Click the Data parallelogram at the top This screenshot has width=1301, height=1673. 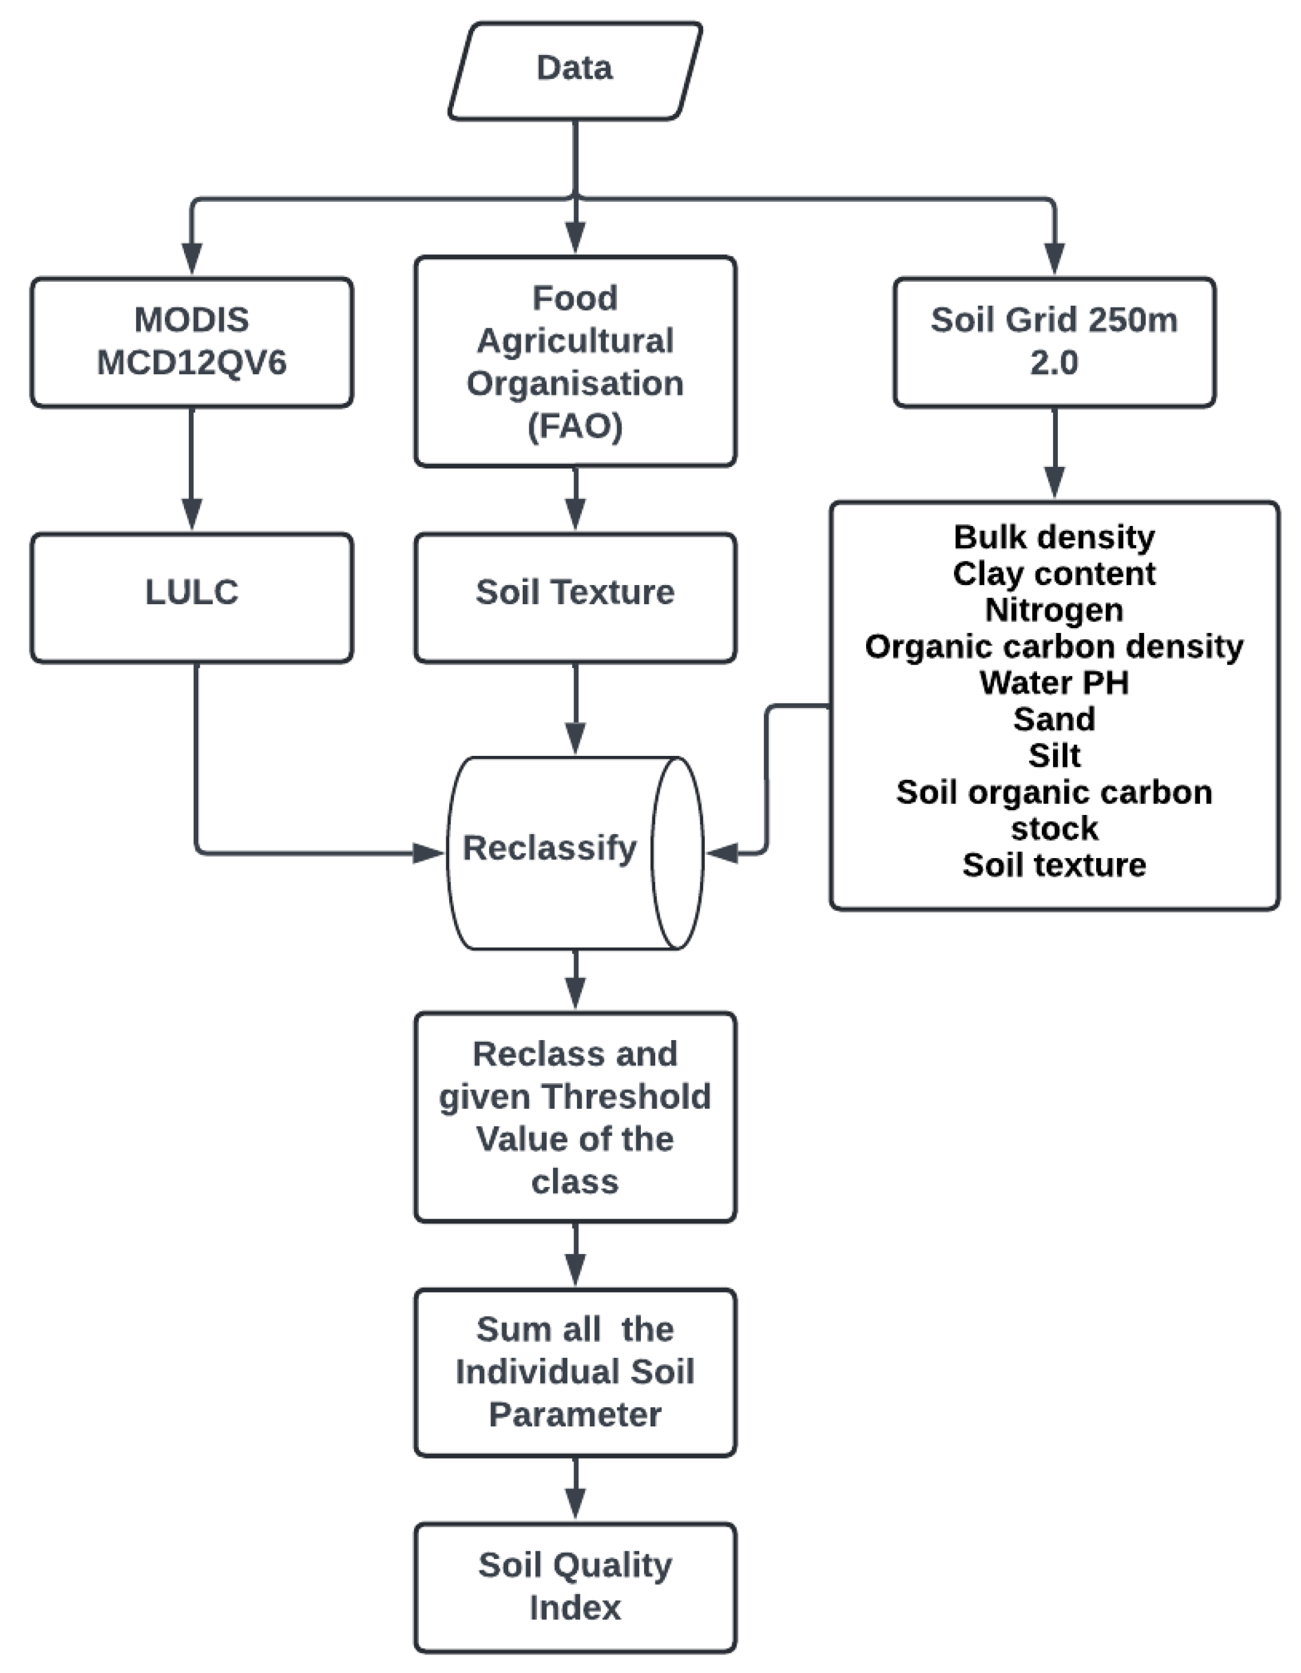(575, 70)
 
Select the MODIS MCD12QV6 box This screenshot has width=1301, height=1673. (192, 342)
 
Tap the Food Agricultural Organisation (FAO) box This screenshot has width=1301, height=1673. (575, 361)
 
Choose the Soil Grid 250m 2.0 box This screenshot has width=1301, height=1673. (1054, 342)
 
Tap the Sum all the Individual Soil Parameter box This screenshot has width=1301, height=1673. (575, 1371)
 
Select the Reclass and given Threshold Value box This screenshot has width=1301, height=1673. (575, 1117)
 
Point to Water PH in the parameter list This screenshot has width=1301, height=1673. (1054, 682)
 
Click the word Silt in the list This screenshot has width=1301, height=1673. (1054, 755)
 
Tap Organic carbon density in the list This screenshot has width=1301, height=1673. (1054, 647)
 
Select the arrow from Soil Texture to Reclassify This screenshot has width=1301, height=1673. (575, 709)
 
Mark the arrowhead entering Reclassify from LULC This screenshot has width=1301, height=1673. (429, 852)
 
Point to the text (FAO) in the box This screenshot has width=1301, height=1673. (575, 426)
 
